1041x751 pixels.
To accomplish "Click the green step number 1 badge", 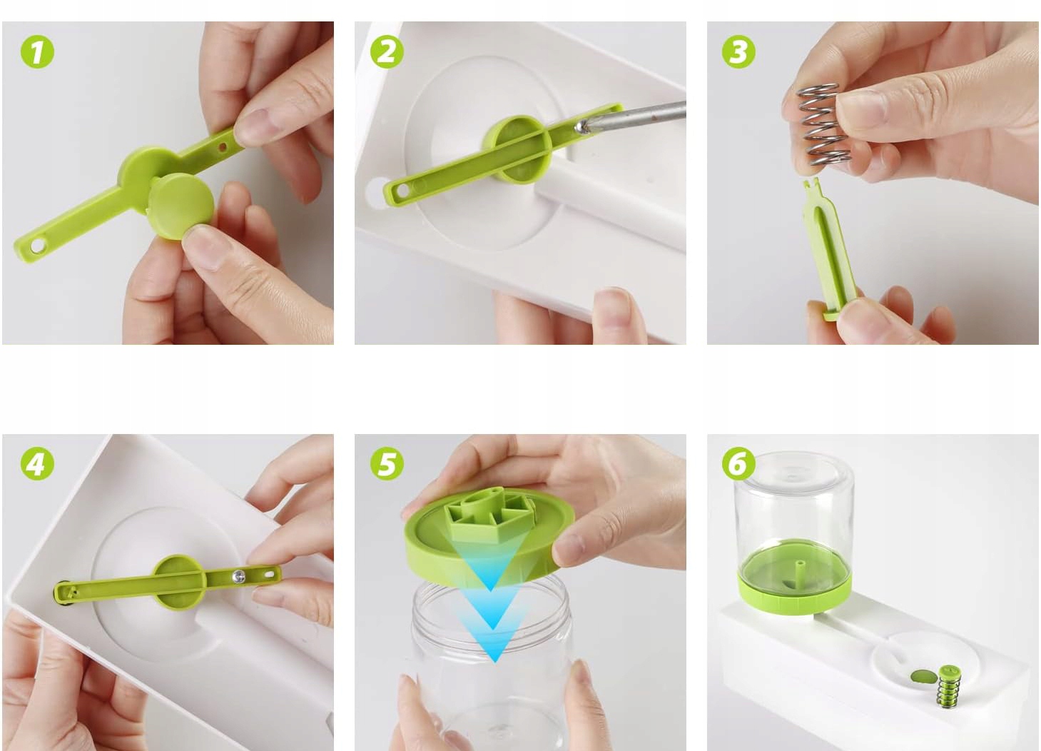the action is pyautogui.click(x=37, y=51).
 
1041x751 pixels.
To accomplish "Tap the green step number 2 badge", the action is pyautogui.click(x=387, y=51).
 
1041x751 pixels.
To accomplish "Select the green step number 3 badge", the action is pyautogui.click(x=738, y=51).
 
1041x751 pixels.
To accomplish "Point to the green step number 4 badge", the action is pyautogui.click(x=37, y=463).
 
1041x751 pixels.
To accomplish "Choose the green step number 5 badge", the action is pyautogui.click(x=387, y=463).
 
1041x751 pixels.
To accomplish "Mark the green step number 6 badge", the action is pyautogui.click(x=738, y=463).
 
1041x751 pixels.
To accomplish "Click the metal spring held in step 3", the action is pyautogui.click(x=823, y=124).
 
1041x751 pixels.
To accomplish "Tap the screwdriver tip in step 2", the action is pyautogui.click(x=580, y=126).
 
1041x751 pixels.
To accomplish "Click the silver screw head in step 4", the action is pyautogui.click(x=239, y=576).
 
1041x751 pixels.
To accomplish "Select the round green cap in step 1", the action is pyautogui.click(x=181, y=206).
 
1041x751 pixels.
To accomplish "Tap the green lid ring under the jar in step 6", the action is pyautogui.click(x=795, y=597).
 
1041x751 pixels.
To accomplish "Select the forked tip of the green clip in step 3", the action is pyautogui.click(x=811, y=184).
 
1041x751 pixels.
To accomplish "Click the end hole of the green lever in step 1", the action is pyautogui.click(x=37, y=245).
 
